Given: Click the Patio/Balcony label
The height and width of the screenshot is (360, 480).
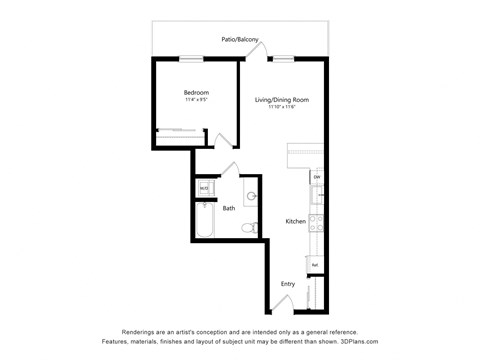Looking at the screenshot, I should (x=240, y=40).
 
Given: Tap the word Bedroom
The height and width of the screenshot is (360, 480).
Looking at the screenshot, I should (x=195, y=93).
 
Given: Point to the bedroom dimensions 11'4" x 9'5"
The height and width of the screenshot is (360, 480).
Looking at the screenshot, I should (x=195, y=100).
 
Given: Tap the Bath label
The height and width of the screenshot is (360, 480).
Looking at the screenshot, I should (x=229, y=208).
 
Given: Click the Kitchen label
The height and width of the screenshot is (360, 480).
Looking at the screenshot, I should (x=295, y=221).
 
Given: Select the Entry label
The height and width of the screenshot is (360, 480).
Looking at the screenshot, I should (x=288, y=284).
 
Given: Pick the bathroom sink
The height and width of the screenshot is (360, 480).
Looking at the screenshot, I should (x=250, y=194).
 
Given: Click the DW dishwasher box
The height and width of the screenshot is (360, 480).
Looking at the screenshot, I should (x=316, y=177).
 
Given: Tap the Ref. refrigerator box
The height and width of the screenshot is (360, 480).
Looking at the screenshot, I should (x=315, y=264).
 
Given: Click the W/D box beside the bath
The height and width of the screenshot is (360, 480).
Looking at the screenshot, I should (x=203, y=187).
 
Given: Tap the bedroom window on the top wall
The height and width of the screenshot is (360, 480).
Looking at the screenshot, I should (x=192, y=59).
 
